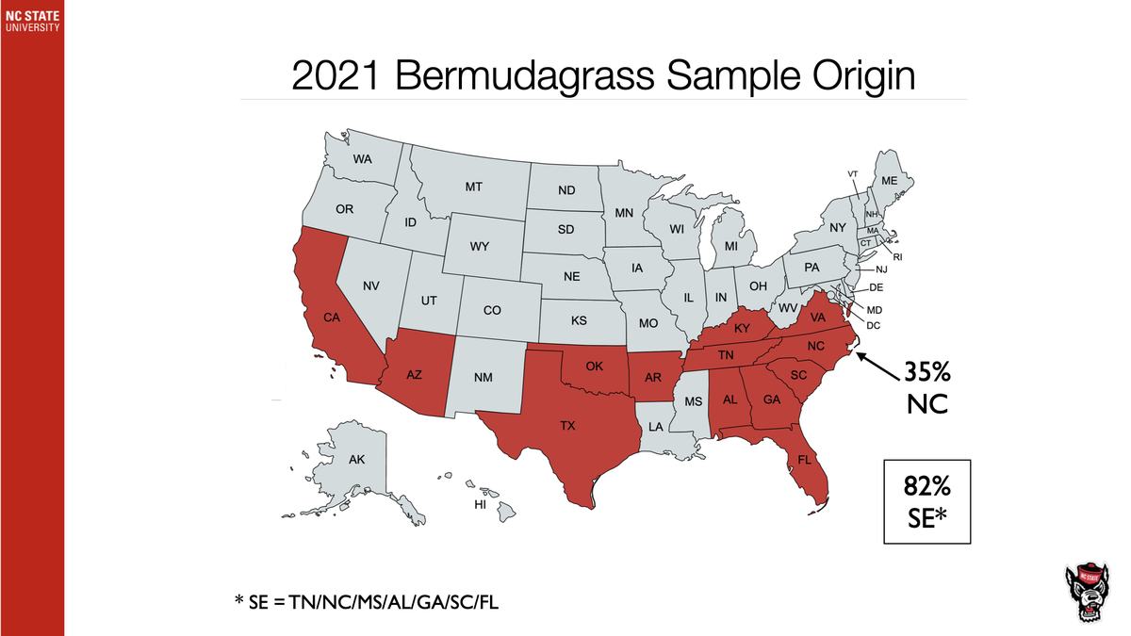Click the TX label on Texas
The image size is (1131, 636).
tap(567, 426)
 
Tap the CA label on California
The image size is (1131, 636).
tap(332, 318)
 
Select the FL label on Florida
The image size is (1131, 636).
tap(804, 461)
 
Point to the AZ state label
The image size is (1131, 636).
tap(414, 374)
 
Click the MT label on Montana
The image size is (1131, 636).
tap(473, 188)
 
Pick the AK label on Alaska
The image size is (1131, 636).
tap(356, 460)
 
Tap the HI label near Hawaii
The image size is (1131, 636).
tap(479, 506)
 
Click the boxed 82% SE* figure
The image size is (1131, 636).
tap(927, 501)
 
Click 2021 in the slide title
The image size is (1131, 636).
tap(337, 75)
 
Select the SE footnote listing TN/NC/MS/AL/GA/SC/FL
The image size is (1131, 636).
tap(367, 601)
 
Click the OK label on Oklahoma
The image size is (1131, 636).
tap(595, 365)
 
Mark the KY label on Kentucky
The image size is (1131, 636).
tap(742, 328)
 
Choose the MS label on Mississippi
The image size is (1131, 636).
tap(694, 401)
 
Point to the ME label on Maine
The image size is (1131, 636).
tap(889, 180)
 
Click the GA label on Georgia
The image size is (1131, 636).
tap(771, 400)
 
